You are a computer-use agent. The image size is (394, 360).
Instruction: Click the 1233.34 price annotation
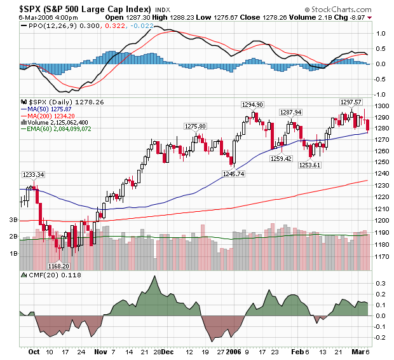pos(33,175)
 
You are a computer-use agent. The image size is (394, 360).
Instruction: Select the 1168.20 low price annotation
pos(59,267)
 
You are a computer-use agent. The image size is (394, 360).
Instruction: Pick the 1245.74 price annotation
pos(233,174)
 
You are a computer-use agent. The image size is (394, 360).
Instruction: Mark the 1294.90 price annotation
pos(252,104)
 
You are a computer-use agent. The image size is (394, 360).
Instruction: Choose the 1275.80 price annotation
pos(195,127)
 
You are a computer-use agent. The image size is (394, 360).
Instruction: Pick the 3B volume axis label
pos(12,220)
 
